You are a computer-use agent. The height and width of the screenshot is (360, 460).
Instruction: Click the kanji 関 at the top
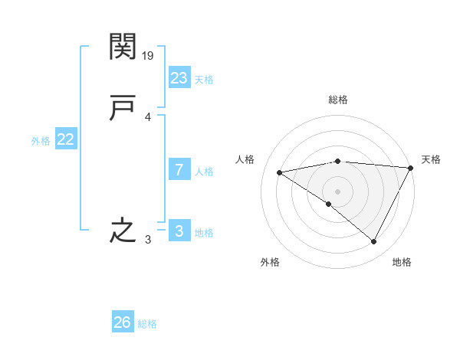point(123,47)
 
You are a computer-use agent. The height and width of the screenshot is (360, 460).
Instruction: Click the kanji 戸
point(123,109)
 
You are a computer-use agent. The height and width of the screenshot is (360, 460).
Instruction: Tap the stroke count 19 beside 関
point(149,55)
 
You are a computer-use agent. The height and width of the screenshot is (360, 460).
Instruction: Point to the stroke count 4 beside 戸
point(148,117)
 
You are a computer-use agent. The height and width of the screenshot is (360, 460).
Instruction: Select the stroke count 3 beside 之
point(148,240)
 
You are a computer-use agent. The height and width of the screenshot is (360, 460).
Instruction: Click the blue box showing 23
point(179,77)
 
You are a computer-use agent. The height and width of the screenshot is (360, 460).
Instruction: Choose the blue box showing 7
point(179,170)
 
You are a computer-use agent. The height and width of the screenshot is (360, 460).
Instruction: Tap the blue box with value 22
point(65,139)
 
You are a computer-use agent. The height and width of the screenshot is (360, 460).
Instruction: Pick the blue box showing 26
point(123,322)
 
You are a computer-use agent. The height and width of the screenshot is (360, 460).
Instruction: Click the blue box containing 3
point(179,231)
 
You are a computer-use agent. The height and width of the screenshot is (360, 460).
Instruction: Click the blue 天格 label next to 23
point(204,79)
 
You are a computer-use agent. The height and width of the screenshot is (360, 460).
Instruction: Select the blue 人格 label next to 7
point(204,172)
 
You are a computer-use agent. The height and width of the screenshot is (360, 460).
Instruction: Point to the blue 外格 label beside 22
point(41,140)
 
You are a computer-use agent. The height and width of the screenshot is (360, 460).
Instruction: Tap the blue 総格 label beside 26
point(147,324)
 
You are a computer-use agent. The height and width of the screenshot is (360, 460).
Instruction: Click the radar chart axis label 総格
point(338,100)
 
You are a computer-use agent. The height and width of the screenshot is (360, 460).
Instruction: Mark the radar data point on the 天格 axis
point(411,168)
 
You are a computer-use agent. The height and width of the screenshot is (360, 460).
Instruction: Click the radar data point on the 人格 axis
point(279,172)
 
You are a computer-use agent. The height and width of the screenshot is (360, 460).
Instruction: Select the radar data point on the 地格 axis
point(374,242)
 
